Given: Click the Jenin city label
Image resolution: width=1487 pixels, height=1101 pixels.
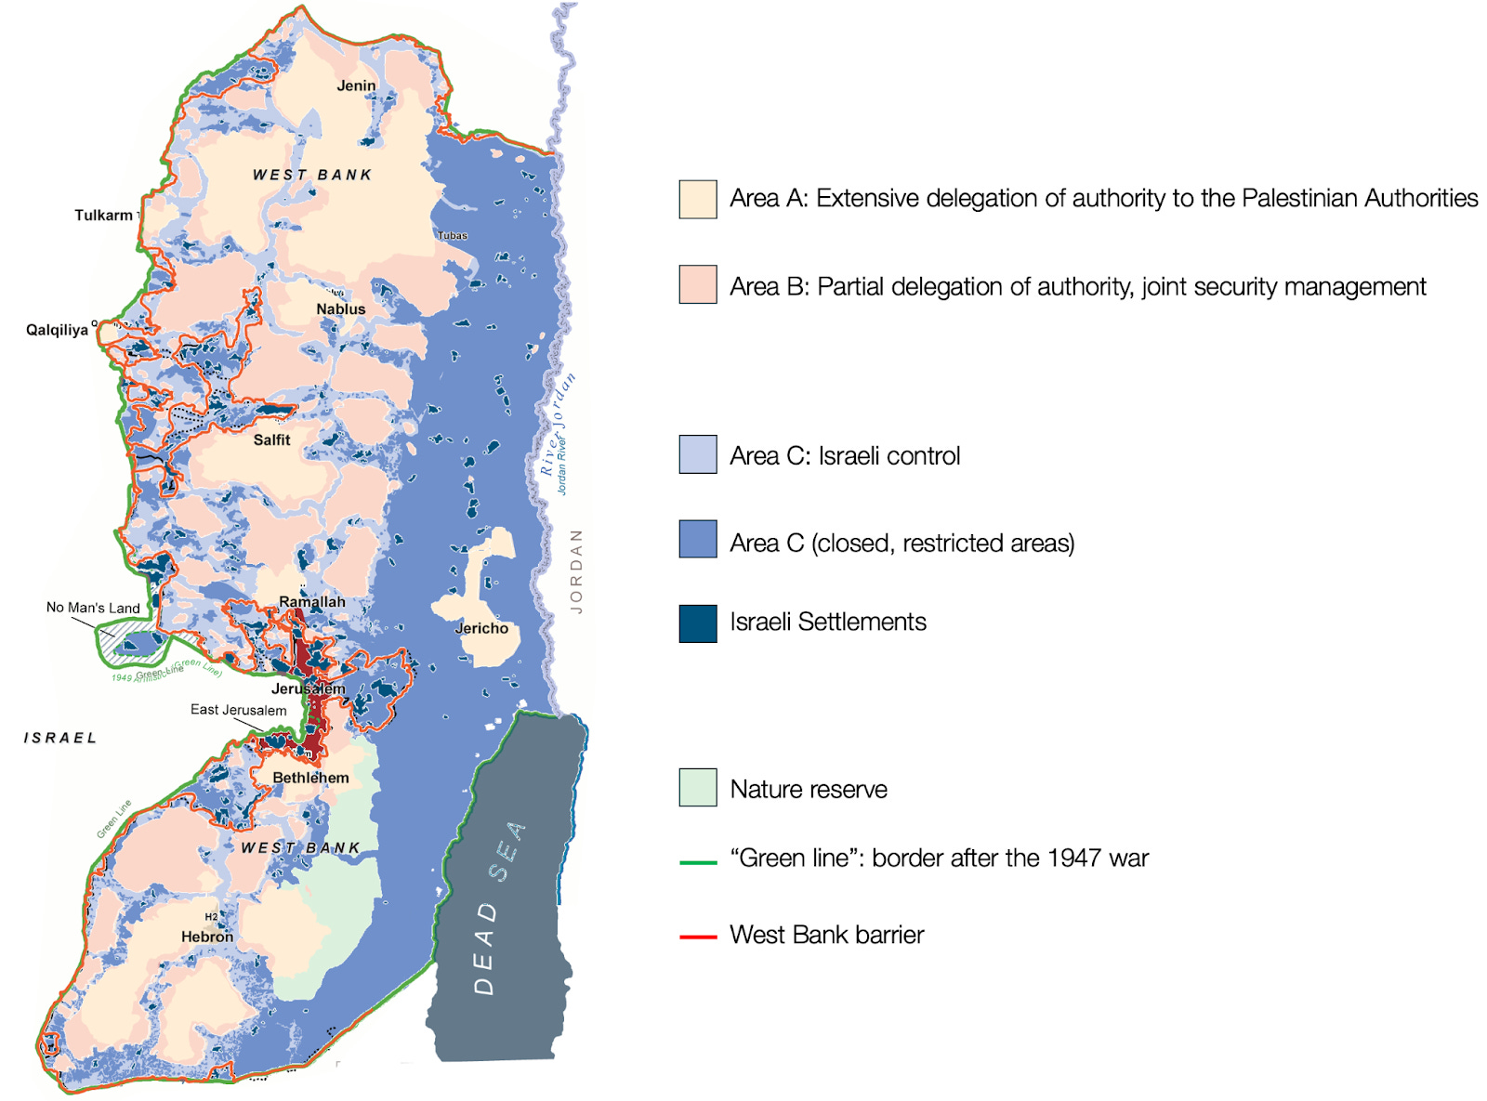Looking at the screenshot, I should click(356, 85).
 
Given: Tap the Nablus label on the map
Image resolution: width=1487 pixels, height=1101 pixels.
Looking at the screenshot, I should click(340, 308).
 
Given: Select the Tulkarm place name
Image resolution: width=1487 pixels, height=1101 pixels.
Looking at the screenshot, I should click(103, 215).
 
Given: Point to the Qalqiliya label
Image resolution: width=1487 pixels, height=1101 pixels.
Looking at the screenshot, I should click(57, 330).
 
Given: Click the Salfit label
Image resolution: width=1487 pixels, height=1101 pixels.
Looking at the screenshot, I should click(271, 439).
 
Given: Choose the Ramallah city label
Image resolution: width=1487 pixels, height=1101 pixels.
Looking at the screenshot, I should click(311, 601).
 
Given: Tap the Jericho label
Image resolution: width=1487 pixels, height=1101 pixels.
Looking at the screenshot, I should click(481, 628).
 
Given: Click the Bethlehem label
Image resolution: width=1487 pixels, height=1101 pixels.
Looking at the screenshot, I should click(310, 778).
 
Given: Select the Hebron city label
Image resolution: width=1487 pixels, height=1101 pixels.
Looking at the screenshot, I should click(207, 937).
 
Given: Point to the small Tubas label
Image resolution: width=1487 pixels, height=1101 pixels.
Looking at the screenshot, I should click(453, 235).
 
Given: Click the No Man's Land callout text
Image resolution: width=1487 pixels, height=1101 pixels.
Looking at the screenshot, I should click(93, 608).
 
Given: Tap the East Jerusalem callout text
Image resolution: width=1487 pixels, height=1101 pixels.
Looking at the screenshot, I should click(238, 710).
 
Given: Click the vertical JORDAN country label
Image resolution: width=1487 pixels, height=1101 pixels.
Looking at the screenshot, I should click(576, 570).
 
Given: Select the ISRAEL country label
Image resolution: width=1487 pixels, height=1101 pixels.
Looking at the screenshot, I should click(60, 738).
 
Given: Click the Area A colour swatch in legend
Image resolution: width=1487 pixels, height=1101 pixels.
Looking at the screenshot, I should click(697, 199).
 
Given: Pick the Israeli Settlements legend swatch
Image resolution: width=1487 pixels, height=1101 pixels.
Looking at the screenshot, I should click(697, 623).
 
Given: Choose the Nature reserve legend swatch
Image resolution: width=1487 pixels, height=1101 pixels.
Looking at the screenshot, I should click(697, 787).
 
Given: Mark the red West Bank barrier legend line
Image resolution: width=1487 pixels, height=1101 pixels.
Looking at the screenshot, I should click(698, 937).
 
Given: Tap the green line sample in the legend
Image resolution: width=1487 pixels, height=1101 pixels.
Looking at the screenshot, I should click(698, 862).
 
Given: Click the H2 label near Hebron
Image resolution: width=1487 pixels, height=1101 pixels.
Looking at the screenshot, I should click(211, 917).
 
